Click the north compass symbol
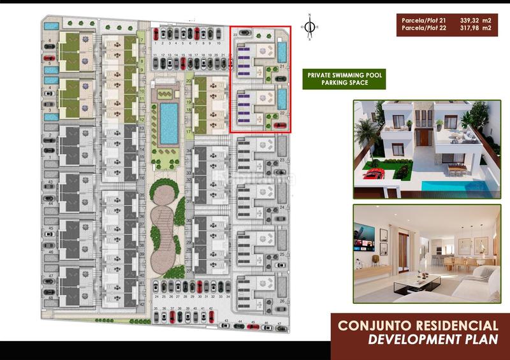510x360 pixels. pyautogui.click(x=310, y=27)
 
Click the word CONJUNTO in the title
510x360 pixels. pyautogui.click(x=372, y=324)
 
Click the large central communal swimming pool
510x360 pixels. pyautogui.click(x=169, y=123)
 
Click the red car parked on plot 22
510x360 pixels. pyautogui.click(x=279, y=125)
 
